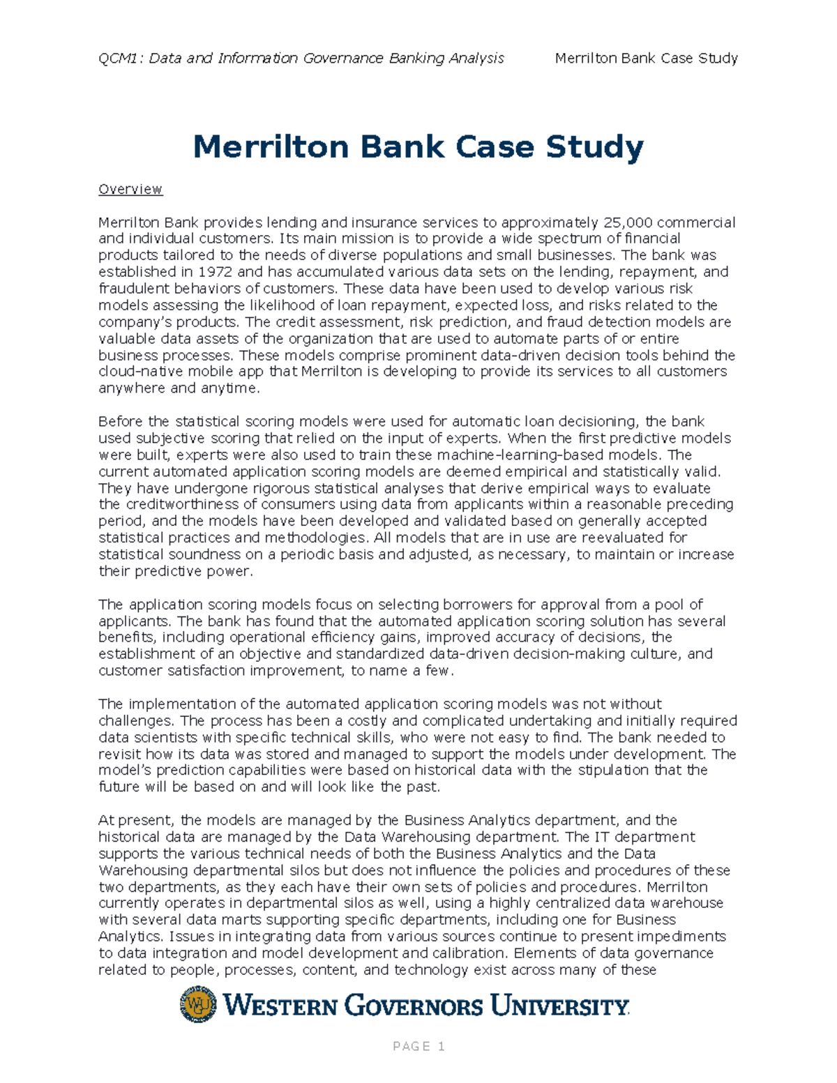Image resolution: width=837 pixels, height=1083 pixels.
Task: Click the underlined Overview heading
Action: pos(130,190)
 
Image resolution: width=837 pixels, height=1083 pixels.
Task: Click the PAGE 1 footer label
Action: pos(418,1047)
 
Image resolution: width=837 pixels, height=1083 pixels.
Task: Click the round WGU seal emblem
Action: pos(198,1005)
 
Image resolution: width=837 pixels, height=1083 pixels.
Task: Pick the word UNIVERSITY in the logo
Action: pos(559,1006)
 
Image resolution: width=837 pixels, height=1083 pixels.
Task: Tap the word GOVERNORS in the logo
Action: pos(414,1006)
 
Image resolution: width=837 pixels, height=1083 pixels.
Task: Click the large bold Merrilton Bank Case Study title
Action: pos(418,147)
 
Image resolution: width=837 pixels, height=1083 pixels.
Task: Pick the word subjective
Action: pos(167,439)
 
